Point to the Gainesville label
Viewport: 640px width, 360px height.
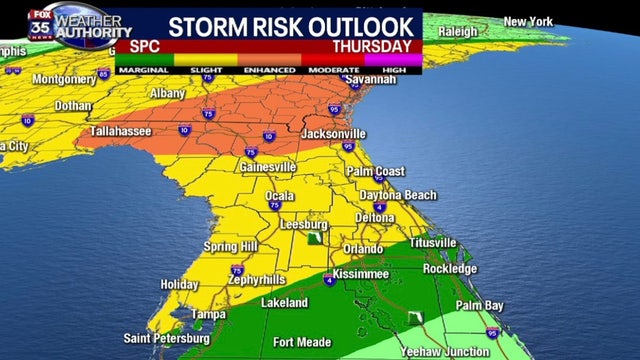click(x=268, y=167)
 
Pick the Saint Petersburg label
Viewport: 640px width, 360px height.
click(x=167, y=338)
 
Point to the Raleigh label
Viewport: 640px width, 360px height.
click(x=459, y=31)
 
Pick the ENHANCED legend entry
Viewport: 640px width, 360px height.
click(x=268, y=69)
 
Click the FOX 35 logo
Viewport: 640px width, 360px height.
click(x=41, y=21)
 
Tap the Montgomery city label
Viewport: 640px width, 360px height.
click(x=64, y=79)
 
